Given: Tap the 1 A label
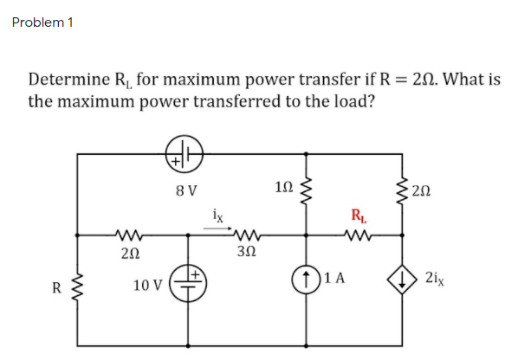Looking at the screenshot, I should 333,279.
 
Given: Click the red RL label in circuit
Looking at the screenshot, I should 357,215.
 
